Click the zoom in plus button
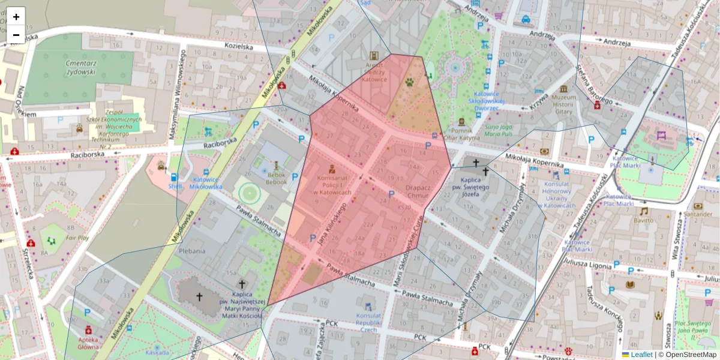16,17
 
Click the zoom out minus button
16,35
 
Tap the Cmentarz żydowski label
82,67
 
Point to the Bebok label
277,178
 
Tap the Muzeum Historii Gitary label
563,104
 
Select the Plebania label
192,251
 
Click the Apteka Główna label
89,342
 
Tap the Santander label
698,214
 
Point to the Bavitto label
644,220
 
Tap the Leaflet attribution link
641,355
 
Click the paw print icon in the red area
410,81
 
